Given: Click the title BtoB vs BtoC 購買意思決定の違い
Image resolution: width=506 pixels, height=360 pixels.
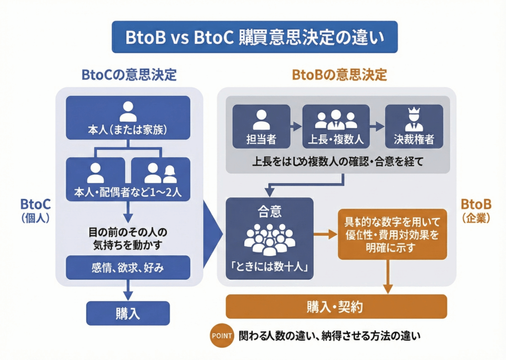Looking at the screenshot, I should click(254, 37).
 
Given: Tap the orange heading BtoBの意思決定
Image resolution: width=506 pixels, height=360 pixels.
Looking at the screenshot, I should click(339, 75).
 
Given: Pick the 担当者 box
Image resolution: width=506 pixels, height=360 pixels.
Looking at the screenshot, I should click(261, 126).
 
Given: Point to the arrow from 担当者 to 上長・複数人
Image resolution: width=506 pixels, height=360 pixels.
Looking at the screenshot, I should click(296, 127).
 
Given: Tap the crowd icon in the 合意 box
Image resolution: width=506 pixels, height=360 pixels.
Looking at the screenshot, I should click(269, 238).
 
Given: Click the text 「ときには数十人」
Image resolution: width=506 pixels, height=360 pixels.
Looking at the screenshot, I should click(269, 268).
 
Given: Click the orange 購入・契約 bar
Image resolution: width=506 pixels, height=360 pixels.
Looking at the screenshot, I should click(336, 307).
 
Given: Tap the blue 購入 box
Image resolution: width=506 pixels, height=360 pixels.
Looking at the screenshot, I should click(128, 313).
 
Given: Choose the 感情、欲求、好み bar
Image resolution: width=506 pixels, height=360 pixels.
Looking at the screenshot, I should click(128, 268).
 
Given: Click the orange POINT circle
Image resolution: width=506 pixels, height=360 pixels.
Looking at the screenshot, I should click(221, 335).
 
